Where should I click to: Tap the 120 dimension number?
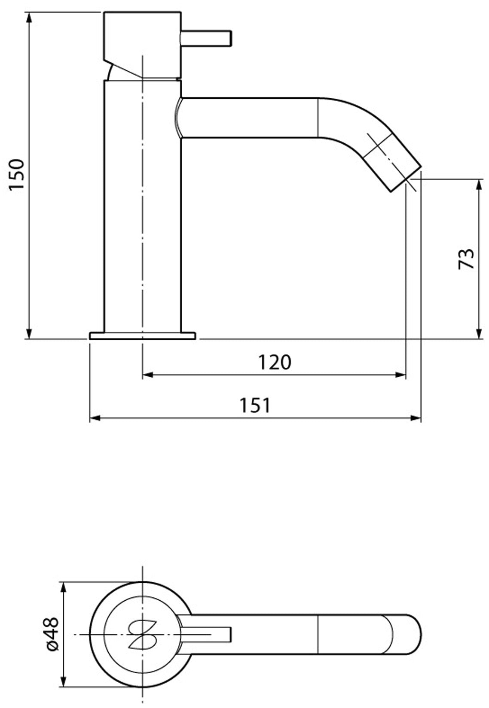274,363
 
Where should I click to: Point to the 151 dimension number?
255,405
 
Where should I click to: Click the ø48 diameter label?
52,634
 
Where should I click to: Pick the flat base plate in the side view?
143,335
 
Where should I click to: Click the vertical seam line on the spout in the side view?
318,118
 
